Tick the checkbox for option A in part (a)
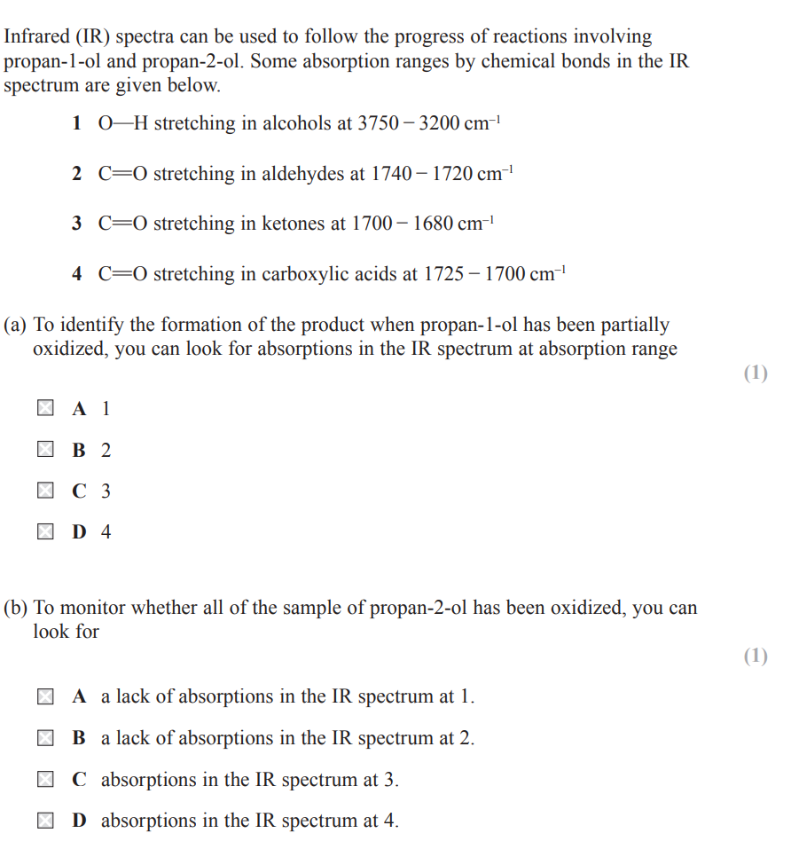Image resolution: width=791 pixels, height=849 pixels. coord(44,409)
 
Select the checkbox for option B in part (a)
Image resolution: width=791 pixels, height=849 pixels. coord(44,450)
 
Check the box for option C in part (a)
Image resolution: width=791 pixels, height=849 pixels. coord(44,491)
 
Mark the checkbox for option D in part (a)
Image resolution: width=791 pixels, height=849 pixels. coord(44,532)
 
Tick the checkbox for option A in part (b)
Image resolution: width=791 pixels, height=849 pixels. coord(44,697)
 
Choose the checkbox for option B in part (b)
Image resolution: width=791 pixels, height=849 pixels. coord(44,738)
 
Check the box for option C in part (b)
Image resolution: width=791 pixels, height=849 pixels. coord(44,780)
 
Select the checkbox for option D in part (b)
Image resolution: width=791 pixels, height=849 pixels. coord(44,821)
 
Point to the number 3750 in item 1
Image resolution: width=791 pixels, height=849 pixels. coord(378,124)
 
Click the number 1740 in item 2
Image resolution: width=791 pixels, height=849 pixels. coord(391,174)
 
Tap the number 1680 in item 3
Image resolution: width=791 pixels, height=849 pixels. coord(432,224)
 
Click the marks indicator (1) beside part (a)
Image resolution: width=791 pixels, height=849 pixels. coord(755,373)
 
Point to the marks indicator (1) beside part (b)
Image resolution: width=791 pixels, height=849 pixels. coord(755,656)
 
